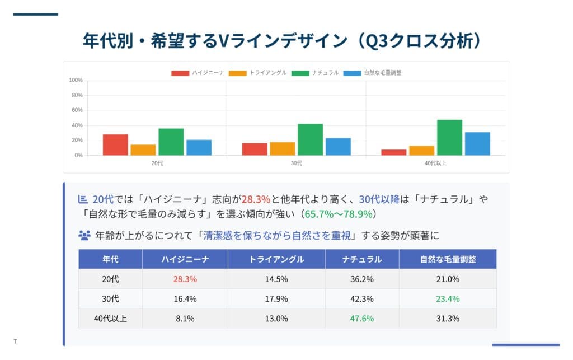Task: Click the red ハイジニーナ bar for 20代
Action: pos(115,145)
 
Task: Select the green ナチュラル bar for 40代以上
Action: pos(449,138)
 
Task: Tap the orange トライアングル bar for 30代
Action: pos(282,149)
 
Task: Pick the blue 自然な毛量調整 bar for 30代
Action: pos(338,147)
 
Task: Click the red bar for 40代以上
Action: pos(394,152)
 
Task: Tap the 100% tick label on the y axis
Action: pos(76,81)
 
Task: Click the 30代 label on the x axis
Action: pos(296,163)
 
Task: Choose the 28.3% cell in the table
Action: pos(185,279)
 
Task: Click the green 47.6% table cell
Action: pos(362,319)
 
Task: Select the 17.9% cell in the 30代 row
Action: pos(276,298)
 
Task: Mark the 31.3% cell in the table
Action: pos(448,319)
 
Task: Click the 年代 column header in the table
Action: pos(110,259)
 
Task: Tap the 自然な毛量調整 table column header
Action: pos(448,259)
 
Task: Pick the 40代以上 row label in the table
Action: pos(110,319)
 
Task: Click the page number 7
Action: pos(15,342)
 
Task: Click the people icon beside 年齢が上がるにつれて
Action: pos(84,235)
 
